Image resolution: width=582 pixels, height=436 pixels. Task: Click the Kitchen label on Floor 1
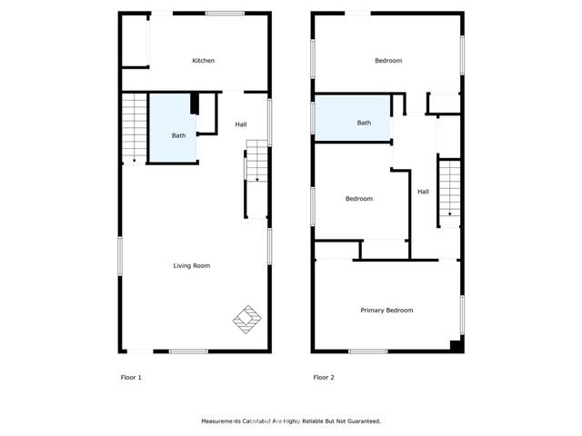203,61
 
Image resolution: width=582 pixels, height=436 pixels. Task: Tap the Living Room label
192,265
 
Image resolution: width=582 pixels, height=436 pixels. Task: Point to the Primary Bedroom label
386,311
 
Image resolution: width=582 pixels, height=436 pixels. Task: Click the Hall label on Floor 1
240,124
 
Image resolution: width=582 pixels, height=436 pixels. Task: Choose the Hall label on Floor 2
423,192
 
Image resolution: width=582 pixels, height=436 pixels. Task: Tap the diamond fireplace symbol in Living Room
246,319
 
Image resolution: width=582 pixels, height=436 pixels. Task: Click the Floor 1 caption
131,377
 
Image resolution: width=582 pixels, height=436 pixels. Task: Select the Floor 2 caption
323,377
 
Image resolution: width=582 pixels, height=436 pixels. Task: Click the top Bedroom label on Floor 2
388,61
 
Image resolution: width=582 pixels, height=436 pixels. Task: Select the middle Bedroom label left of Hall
358,199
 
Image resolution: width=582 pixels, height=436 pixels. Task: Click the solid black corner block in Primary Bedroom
456,346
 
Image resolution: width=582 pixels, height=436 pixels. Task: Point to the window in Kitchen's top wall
225,13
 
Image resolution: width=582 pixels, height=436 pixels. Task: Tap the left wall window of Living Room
120,254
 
